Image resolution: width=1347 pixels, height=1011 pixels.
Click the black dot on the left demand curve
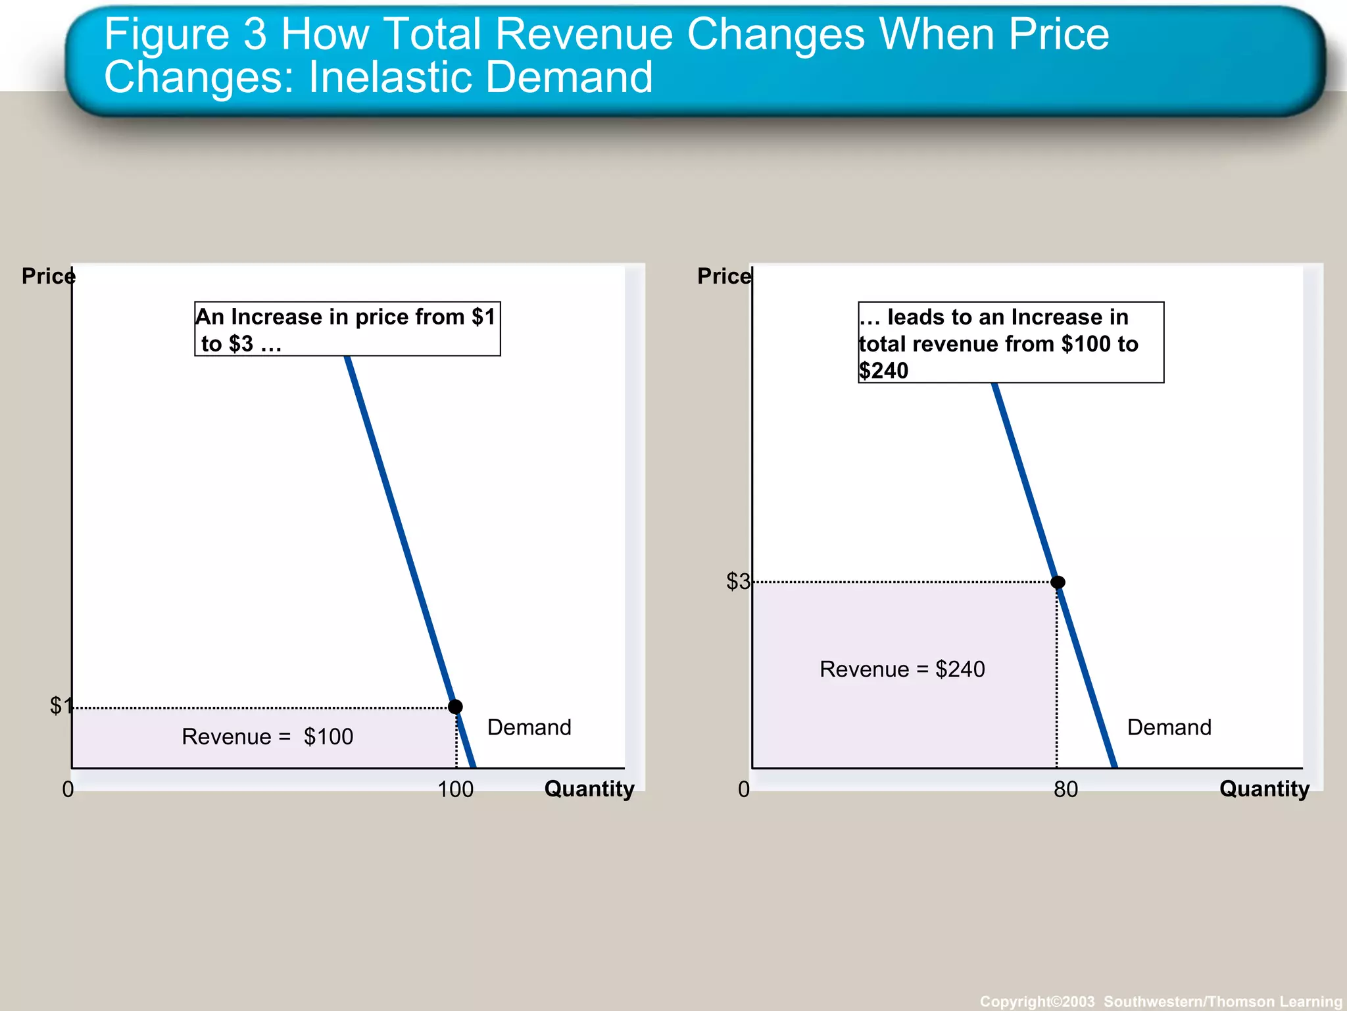455,706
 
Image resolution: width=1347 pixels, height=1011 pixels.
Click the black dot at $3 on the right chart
1058,582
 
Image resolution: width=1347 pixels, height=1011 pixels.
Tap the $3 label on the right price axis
737,581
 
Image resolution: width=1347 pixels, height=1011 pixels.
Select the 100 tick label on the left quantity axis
455,789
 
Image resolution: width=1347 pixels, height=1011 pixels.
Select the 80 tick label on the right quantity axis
1065,789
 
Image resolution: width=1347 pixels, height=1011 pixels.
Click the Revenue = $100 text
267,737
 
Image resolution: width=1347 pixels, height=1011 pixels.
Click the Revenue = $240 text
902,669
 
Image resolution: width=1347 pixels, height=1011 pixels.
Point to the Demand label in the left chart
529,727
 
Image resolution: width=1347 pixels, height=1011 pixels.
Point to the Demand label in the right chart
1169,727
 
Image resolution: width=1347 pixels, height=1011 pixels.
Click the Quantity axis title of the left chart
589,789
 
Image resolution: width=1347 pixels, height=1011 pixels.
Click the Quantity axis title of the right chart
1264,789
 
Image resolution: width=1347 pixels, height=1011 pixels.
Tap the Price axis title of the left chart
48,276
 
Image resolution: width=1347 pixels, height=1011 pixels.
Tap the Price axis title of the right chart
723,276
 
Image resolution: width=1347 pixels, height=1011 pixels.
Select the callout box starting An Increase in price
347,329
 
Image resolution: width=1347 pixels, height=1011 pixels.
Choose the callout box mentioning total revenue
1010,342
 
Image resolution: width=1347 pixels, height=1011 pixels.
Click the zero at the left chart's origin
68,789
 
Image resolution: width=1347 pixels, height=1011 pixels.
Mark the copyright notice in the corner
1160,1001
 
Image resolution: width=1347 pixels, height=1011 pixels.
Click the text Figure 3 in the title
185,34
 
